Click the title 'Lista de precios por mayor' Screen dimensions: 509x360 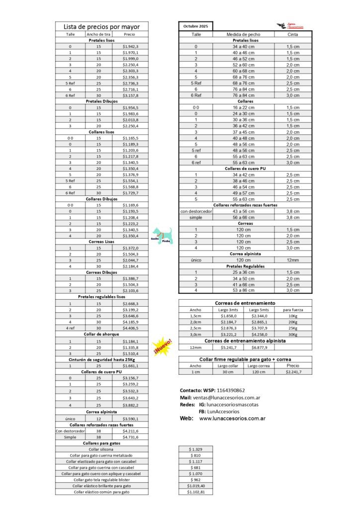[x=101, y=26]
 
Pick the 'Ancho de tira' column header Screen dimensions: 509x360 [x=98, y=34]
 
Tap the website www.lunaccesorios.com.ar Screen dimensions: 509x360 [x=232, y=419]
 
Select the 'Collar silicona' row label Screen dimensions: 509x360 [x=101, y=449]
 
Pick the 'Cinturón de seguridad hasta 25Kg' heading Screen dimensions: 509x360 [x=101, y=359]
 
